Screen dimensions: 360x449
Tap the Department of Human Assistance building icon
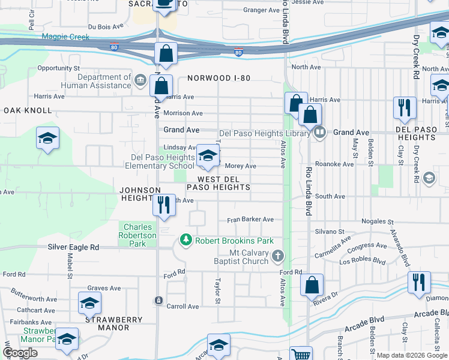(x=140, y=79)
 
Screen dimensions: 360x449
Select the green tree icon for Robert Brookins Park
(x=186, y=241)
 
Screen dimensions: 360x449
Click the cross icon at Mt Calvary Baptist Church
(x=277, y=257)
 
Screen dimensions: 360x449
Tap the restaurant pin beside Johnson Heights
(x=164, y=206)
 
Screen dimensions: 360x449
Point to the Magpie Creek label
(x=65, y=37)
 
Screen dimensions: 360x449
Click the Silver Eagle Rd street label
(x=74, y=247)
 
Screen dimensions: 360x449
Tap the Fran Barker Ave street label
(x=250, y=220)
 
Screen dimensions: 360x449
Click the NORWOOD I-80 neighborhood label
(x=218, y=78)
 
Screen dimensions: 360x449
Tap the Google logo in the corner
(x=20, y=353)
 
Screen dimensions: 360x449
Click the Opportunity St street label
(x=58, y=68)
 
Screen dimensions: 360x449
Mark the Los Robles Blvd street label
(x=363, y=262)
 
